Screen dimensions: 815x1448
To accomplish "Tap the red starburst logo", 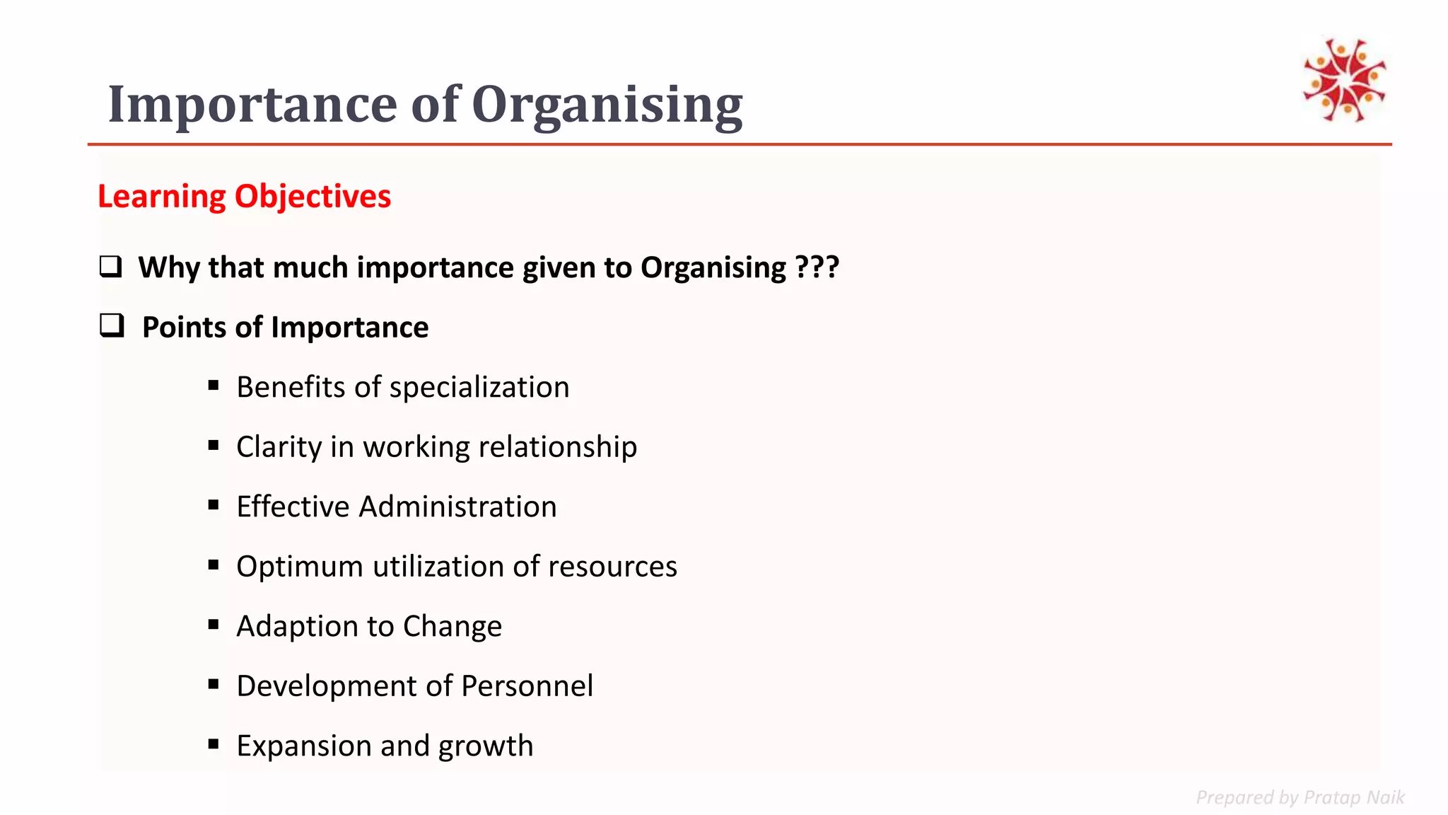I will point(1344,80).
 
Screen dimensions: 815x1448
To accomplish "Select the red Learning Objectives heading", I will point(244,197).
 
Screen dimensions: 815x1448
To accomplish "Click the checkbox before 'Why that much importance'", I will point(110,267).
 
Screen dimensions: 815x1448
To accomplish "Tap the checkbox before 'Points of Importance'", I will point(112,325).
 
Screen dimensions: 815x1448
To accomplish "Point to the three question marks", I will point(817,267).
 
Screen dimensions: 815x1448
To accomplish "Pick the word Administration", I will point(457,507).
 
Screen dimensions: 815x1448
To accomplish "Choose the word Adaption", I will point(297,627).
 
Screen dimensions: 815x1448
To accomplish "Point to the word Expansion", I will point(303,746).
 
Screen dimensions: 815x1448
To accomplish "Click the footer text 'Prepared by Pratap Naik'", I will point(1300,797).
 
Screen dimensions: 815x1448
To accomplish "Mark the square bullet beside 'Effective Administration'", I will point(214,505).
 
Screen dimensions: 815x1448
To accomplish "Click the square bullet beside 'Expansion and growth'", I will point(214,744).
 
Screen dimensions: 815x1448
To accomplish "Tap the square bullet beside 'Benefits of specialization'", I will point(214,386).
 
